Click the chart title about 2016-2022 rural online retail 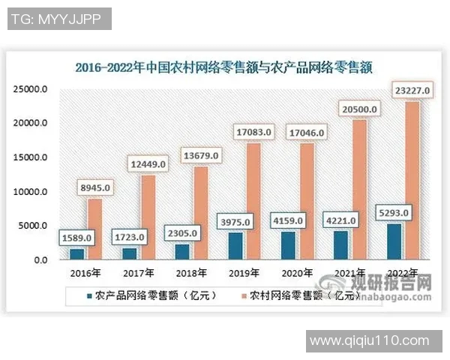(x=225, y=66)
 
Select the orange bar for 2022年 (x=412, y=180)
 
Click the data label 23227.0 (x=412, y=91)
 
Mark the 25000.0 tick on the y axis (x=31, y=88)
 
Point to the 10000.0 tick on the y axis (x=31, y=192)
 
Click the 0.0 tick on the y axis (x=38, y=260)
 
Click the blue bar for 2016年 (x=76, y=253)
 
